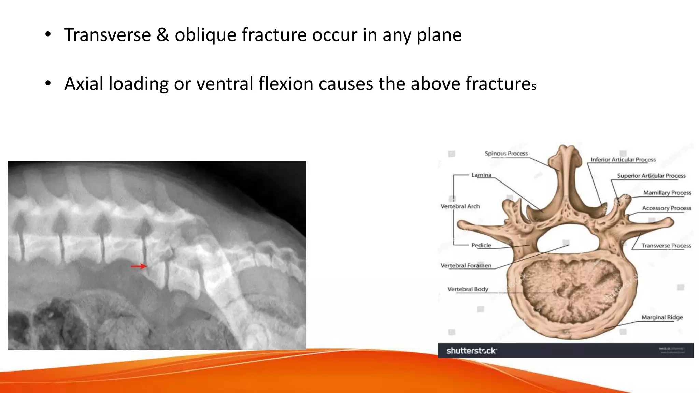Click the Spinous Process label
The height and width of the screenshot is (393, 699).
tap(506, 154)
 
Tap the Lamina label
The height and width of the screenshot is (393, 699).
tap(481, 175)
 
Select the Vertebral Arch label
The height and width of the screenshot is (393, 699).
tap(460, 206)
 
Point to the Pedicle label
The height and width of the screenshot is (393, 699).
tap(481, 245)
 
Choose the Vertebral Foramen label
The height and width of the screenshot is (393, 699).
tap(466, 265)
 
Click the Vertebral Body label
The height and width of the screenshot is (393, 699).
tap(468, 289)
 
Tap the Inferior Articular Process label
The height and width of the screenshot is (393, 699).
tap(623, 160)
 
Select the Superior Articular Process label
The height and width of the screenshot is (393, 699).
tap(651, 176)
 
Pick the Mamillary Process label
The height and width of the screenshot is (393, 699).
tap(667, 193)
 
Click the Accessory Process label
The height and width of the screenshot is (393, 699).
tap(666, 208)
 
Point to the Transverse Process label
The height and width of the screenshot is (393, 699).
tap(666, 246)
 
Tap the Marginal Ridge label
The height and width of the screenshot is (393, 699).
tap(662, 317)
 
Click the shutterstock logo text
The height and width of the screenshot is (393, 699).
tap(471, 351)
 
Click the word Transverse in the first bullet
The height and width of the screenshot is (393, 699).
tap(108, 35)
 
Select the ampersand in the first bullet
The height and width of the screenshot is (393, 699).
tap(163, 35)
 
